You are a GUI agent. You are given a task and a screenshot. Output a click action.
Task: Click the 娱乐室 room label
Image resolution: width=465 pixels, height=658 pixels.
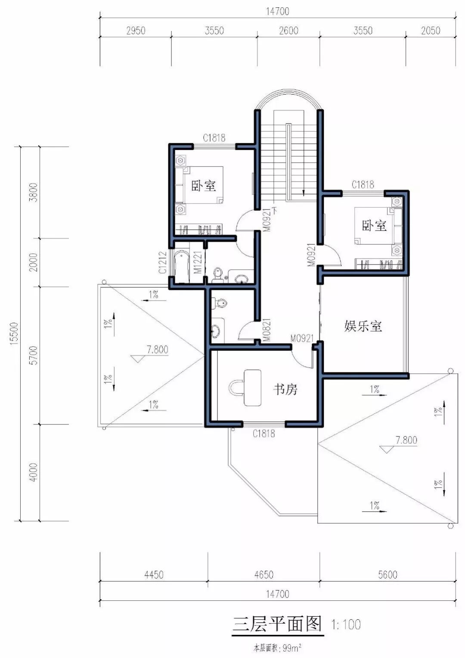(x=363, y=326)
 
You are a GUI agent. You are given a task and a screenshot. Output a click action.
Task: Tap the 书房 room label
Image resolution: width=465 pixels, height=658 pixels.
(x=285, y=390)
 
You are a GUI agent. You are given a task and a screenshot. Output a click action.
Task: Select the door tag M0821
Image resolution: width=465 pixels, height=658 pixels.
(x=267, y=330)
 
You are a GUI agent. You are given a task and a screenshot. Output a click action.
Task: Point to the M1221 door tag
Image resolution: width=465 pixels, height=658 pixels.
(x=198, y=262)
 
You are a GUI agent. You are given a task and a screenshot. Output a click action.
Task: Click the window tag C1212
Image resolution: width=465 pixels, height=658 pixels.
(x=163, y=262)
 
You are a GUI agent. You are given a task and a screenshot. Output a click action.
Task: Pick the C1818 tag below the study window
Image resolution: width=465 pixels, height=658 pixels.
(x=264, y=434)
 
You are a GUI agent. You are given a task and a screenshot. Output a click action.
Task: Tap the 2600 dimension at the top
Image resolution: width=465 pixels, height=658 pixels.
(x=288, y=31)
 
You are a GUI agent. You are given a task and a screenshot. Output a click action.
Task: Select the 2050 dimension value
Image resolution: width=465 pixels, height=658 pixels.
(x=430, y=31)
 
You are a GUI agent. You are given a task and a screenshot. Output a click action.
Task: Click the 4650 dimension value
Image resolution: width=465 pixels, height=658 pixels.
(x=264, y=575)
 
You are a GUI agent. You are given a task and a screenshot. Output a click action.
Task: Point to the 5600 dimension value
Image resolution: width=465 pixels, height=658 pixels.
(x=387, y=575)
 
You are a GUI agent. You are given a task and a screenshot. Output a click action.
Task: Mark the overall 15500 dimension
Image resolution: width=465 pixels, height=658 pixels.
(x=14, y=333)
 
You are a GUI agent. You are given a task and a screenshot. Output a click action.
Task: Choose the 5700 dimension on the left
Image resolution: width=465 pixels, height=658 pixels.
(x=34, y=355)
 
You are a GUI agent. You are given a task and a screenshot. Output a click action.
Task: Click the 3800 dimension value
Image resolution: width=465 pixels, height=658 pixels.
(x=34, y=192)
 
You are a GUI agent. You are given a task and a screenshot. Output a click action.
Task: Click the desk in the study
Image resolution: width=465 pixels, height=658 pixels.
(x=252, y=388)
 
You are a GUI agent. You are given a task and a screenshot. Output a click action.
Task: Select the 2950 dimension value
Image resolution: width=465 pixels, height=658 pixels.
(x=136, y=31)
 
